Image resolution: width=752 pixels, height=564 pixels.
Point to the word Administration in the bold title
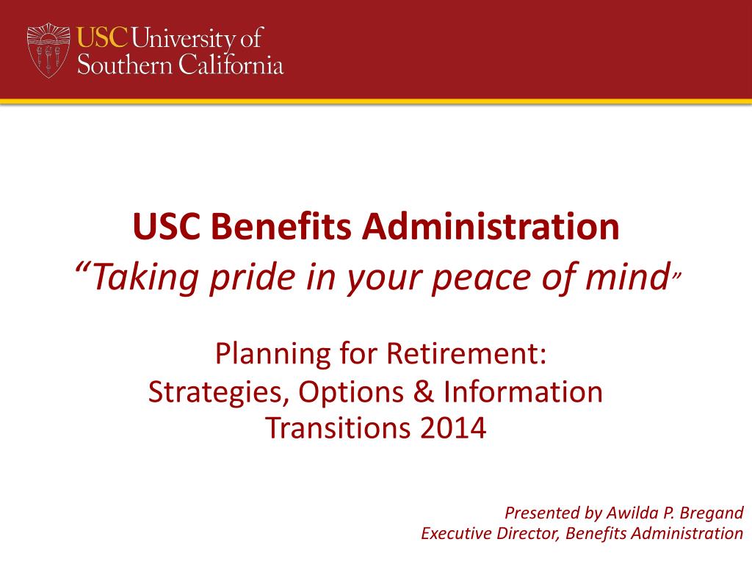490,228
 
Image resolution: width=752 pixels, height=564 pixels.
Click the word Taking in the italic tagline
132,278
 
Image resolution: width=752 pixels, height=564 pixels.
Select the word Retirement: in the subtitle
466,355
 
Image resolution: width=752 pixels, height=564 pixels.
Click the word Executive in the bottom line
454,533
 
